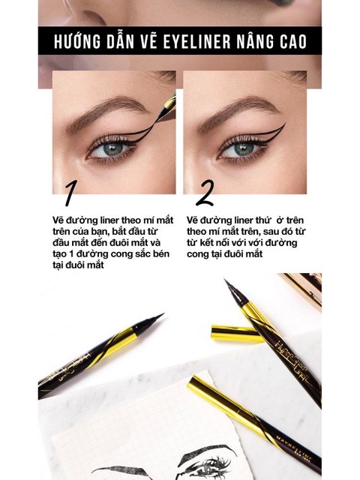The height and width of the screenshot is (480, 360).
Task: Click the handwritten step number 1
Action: [70, 193]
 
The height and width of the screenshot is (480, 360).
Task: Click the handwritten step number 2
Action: [204, 193]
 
